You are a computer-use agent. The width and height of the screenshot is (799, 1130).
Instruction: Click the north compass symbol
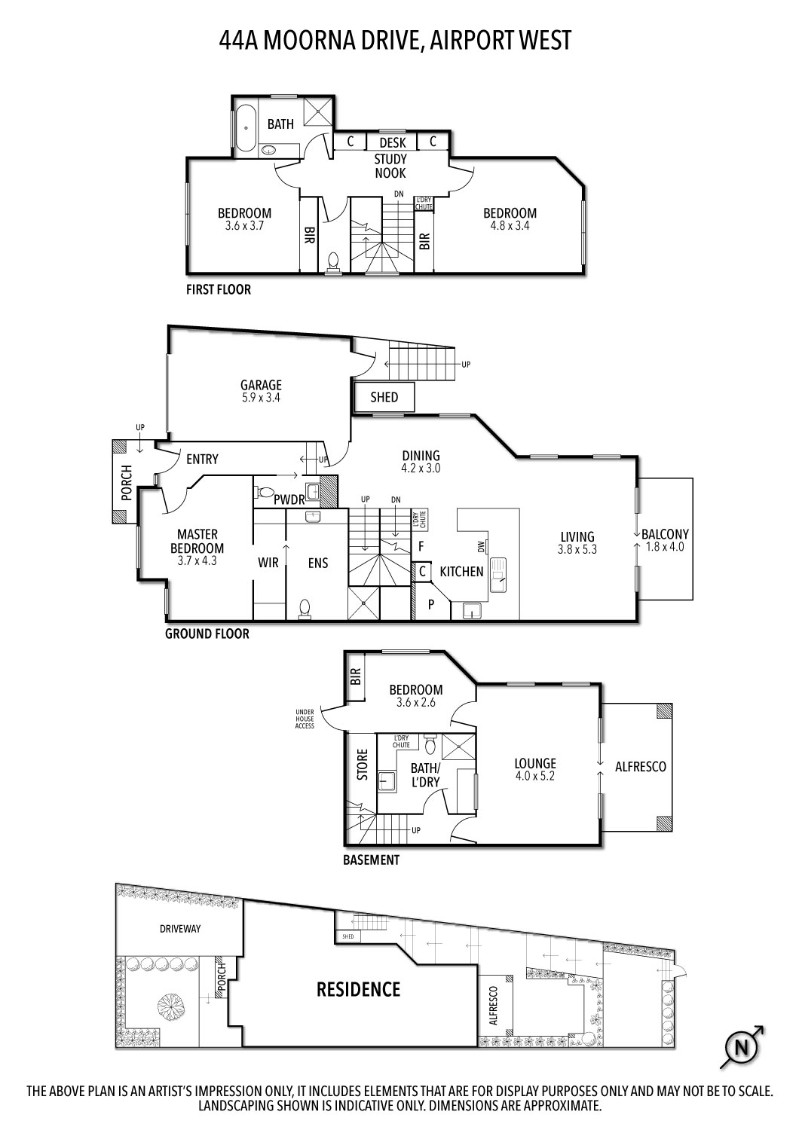(742, 1047)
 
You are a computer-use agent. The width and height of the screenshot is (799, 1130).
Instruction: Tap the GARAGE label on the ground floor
(261, 385)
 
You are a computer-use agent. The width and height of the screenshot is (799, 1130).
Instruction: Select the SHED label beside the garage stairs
(384, 397)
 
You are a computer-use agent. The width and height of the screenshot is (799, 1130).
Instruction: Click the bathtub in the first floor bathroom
(245, 128)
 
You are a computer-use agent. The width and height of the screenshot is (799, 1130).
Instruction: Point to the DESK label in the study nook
(392, 142)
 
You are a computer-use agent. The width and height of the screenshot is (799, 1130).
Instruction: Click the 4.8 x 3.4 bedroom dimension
(510, 225)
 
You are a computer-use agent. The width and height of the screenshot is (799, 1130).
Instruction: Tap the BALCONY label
(665, 534)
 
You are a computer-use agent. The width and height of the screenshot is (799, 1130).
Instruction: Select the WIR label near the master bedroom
(268, 563)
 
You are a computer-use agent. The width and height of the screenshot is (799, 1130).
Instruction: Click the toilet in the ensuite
(305, 607)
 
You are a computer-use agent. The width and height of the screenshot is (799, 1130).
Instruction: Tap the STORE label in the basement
(363, 764)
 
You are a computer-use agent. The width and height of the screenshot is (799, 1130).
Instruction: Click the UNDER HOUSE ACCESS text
(305, 718)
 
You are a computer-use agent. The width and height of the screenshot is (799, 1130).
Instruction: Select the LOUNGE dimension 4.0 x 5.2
(534, 776)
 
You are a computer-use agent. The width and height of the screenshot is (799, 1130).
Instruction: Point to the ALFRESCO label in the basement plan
(641, 766)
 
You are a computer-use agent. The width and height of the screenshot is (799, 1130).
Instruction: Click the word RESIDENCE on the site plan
(358, 988)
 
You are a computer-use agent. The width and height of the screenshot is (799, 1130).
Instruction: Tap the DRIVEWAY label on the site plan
(180, 929)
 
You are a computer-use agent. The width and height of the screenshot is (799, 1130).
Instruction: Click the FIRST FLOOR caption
(219, 289)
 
